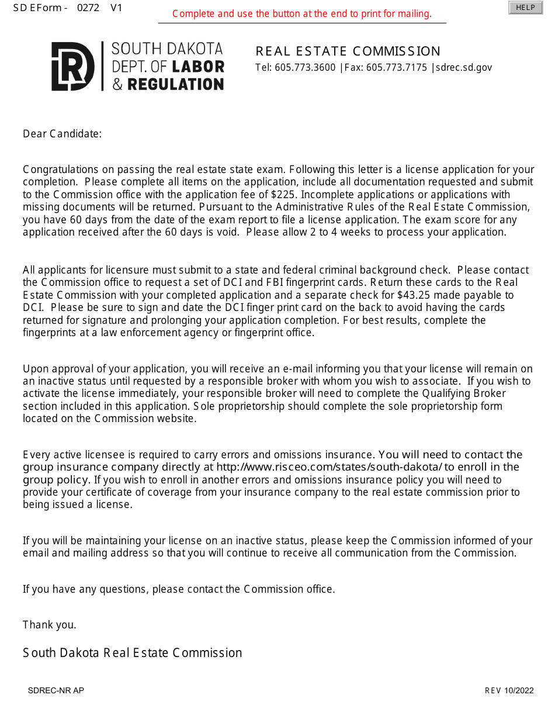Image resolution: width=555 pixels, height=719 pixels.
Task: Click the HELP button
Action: [x=525, y=8]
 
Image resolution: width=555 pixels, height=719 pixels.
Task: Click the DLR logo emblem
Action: [x=72, y=66]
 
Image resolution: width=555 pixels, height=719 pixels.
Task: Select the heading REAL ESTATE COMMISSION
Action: [x=348, y=51]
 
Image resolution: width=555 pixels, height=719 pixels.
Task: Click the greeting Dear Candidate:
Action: [x=62, y=134]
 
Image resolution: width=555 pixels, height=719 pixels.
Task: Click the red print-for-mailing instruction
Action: [x=301, y=14]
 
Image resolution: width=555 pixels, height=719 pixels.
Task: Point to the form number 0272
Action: [x=88, y=8]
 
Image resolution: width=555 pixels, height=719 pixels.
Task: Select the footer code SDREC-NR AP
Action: [x=56, y=690]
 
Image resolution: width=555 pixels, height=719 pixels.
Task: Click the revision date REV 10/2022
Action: [x=509, y=690]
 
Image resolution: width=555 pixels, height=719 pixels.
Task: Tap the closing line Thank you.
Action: [x=50, y=625]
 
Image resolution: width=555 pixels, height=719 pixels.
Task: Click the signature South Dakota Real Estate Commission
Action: [x=133, y=653]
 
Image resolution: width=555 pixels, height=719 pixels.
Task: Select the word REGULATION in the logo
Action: [x=175, y=85]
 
